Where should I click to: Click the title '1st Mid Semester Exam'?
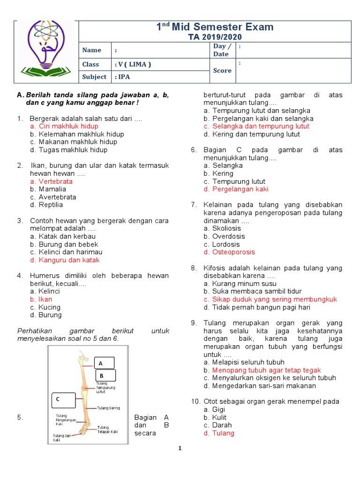(215, 27)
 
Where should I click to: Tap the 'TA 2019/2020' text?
(215, 37)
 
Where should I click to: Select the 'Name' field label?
(91, 50)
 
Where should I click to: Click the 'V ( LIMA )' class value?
(133, 64)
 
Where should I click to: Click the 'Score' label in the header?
(222, 71)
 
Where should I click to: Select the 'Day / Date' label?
(222, 50)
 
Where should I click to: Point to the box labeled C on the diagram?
(63, 399)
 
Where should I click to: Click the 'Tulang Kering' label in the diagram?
(108, 408)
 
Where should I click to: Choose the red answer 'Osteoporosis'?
(233, 252)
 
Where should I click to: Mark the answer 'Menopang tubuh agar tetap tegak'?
(266, 370)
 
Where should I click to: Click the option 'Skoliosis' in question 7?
(226, 228)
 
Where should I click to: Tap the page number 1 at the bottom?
(180, 448)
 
